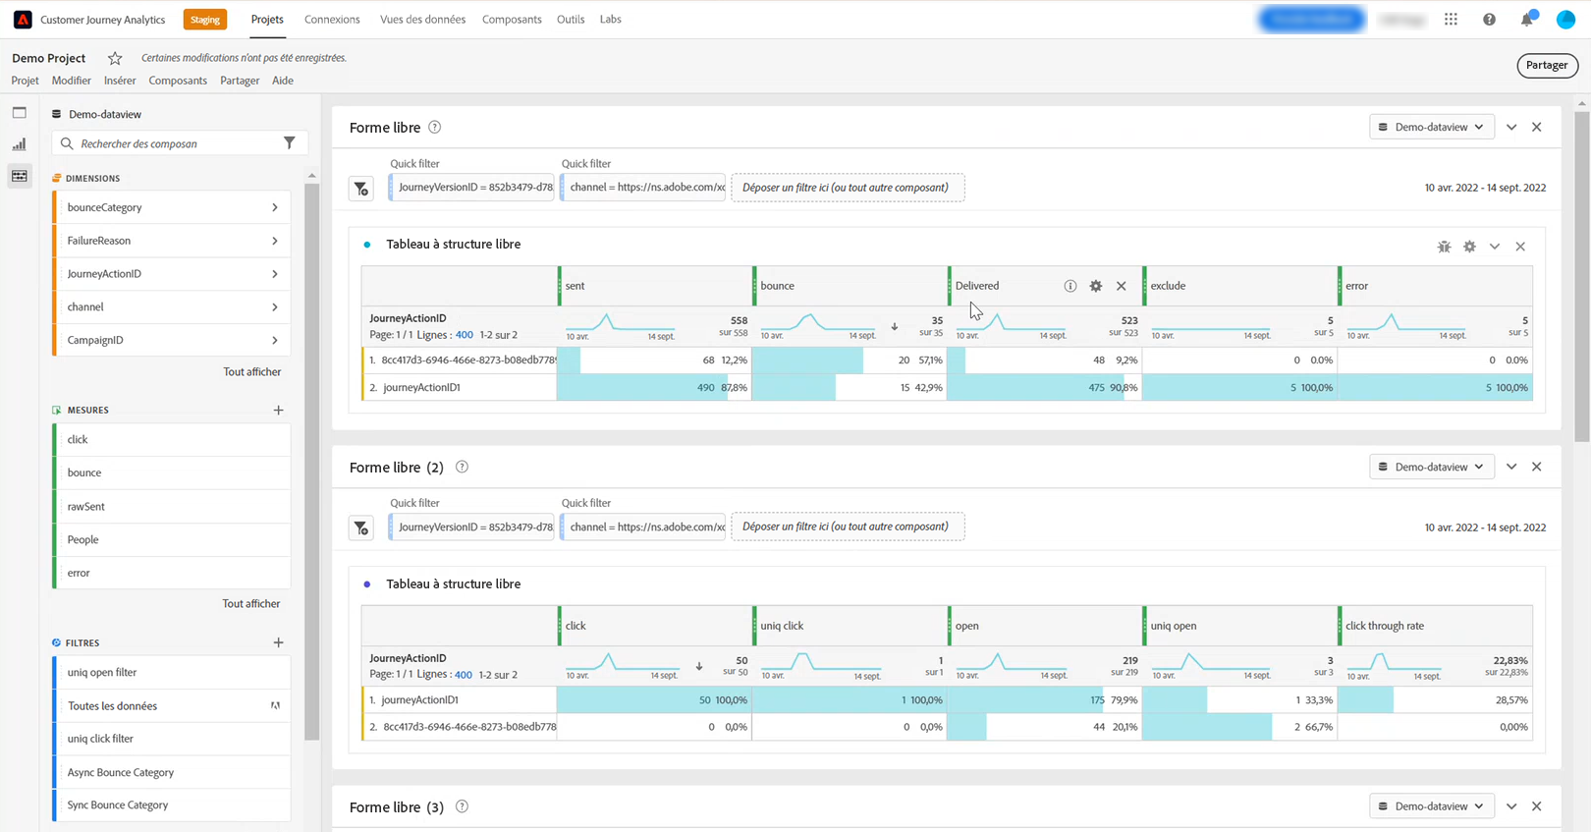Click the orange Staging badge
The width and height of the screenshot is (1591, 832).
pyautogui.click(x=205, y=20)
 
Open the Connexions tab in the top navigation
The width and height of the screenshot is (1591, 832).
pyautogui.click(x=332, y=20)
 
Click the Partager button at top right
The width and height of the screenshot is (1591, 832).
pyautogui.click(x=1547, y=66)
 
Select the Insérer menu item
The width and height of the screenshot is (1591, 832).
pyautogui.click(x=120, y=81)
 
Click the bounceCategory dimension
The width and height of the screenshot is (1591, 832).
pyautogui.click(x=105, y=207)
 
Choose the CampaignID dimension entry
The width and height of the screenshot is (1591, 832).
pyautogui.click(x=95, y=340)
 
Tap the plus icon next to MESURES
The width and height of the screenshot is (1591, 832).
pyautogui.click(x=279, y=411)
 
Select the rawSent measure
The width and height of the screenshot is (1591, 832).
pyautogui.click(x=86, y=507)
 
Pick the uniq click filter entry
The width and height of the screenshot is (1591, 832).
pyautogui.click(x=100, y=739)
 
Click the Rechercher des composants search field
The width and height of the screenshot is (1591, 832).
pyautogui.click(x=172, y=143)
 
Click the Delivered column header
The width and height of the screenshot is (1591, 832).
pyautogui.click(x=978, y=286)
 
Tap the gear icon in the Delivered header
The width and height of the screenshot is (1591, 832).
pyautogui.click(x=1096, y=286)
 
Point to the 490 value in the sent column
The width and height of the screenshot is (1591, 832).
pyautogui.click(x=705, y=388)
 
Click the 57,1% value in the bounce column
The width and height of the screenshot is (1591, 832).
pyautogui.click(x=929, y=361)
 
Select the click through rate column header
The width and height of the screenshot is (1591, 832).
pyautogui.click(x=1385, y=626)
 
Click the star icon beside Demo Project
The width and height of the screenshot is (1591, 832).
pyautogui.click(x=115, y=58)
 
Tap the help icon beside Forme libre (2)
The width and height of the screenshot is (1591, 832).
pyautogui.click(x=462, y=468)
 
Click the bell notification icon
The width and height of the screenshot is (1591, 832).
pyautogui.click(x=1526, y=20)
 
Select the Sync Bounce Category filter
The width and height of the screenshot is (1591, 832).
pyautogui.click(x=118, y=805)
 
